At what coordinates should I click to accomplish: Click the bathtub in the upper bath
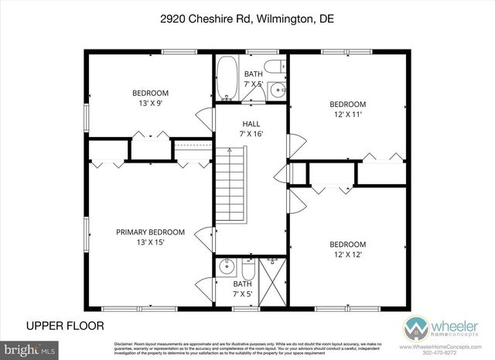(227, 79)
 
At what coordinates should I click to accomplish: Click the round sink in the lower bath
(226, 269)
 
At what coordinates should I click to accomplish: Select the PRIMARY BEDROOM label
(150, 231)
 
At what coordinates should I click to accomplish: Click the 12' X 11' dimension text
(347, 115)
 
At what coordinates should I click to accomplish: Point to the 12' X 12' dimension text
(347, 253)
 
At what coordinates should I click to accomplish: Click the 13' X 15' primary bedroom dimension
(150, 242)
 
